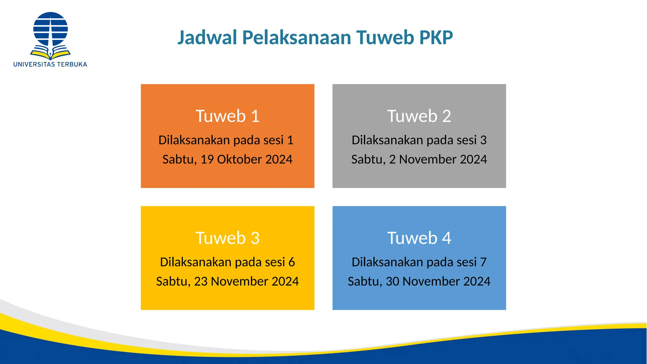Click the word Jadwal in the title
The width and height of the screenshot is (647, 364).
[207, 38]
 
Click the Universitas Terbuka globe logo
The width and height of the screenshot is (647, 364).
[51, 29]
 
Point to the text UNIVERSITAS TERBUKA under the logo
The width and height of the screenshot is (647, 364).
[50, 64]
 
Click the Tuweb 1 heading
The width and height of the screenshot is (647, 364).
[227, 116]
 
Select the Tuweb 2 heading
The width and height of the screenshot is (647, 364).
[419, 116]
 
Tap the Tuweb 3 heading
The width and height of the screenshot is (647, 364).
[227, 238]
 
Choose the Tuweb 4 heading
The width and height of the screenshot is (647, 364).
[419, 238]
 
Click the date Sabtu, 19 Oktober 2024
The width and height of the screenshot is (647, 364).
[227, 160]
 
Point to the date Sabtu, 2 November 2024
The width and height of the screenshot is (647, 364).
[419, 160]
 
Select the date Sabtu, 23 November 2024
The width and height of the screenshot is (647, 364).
[227, 282]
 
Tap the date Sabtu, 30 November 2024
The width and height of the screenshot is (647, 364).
[419, 282]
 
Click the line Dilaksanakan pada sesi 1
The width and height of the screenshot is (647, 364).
[226, 140]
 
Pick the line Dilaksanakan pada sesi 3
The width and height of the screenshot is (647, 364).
[419, 140]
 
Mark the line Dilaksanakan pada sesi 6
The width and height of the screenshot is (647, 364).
[227, 262]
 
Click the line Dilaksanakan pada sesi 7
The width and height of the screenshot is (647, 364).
[419, 262]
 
